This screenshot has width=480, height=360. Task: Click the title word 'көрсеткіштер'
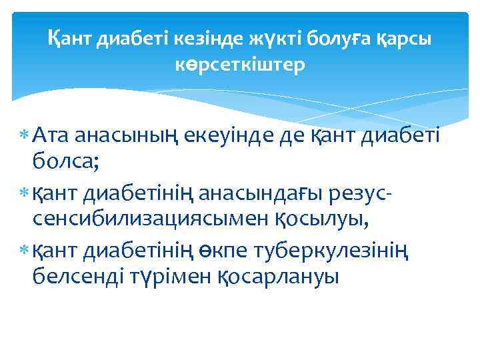click(240, 65)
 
